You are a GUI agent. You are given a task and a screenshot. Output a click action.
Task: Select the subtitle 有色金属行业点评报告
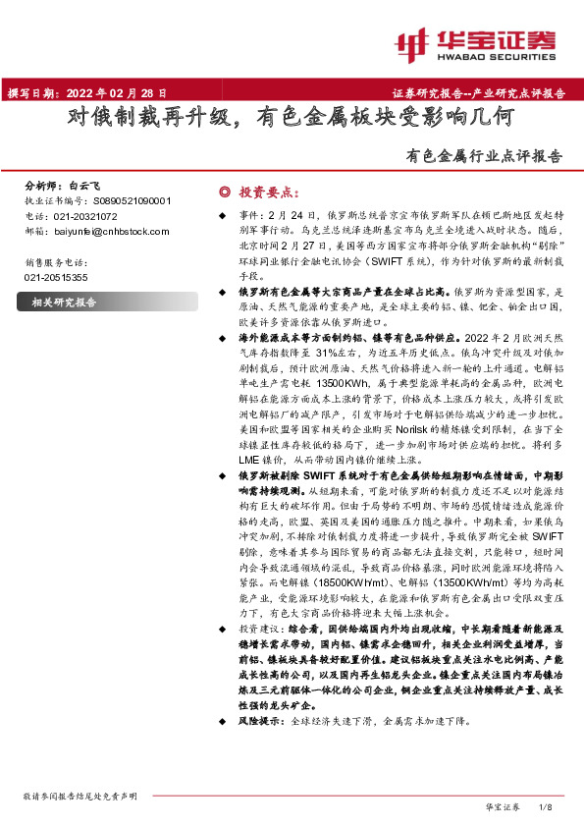click(x=485, y=155)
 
